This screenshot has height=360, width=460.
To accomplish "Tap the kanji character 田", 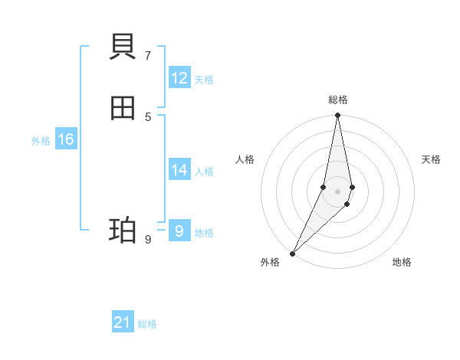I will point(123,109).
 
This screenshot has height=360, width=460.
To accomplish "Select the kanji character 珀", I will point(123,230).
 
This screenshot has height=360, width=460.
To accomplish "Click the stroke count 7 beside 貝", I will point(148,55).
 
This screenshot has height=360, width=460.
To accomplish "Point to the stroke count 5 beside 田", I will point(148,116).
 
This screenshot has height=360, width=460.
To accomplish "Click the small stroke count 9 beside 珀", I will point(148,239).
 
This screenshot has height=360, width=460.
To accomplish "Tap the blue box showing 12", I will point(179,78).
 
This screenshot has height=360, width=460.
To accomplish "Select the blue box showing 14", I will point(179,170).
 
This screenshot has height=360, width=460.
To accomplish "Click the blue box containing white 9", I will point(179,231).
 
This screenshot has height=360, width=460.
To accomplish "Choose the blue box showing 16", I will point(66,139).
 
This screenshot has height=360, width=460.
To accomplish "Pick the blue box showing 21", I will point(123,322).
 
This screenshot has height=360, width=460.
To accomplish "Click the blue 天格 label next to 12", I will point(204,80).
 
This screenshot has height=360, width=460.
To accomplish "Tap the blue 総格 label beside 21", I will point(147,324).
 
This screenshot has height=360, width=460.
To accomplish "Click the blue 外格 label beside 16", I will point(41,141).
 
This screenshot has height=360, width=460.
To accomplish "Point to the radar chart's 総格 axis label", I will point(338,100).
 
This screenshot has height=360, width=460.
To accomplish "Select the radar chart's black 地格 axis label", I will point(402,262).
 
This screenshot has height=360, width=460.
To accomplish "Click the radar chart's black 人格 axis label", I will point(245,159).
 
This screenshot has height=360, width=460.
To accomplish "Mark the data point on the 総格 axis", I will point(337,116).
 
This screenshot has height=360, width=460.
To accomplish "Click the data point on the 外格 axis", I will point(292,254).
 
